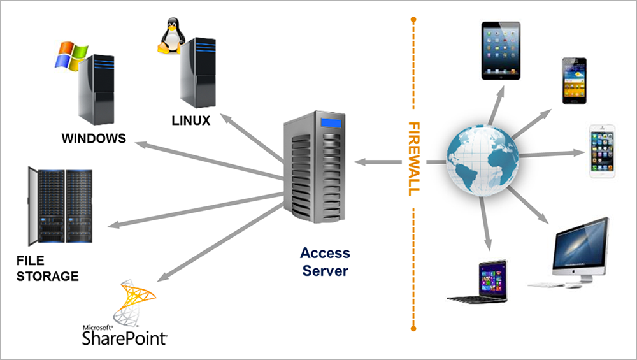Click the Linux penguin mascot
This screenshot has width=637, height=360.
pyautogui.click(x=168, y=37)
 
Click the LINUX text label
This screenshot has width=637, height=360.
pyautogui.click(x=190, y=120)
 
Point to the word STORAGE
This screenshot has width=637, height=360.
pyautogui.click(x=48, y=276)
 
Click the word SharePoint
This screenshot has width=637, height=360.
pyautogui.click(x=125, y=336)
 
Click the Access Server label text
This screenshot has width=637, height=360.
pyautogui.click(x=325, y=261)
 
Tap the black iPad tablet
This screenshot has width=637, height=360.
pyautogui.click(x=501, y=50)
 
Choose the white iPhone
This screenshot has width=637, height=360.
pyautogui.click(x=602, y=151)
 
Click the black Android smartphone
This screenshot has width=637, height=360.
pyautogui.click(x=573, y=80)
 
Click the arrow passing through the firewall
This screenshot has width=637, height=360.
pyautogui.click(x=389, y=162)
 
